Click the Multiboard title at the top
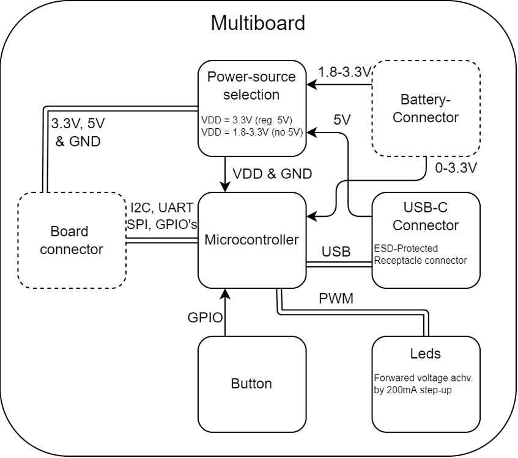[x=257, y=23]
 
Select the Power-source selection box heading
[x=251, y=85]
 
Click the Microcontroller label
[x=251, y=239]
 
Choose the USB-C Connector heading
[x=426, y=216]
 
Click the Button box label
[x=251, y=383]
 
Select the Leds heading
[x=426, y=354]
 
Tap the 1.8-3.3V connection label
[x=344, y=72]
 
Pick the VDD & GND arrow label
[x=272, y=173]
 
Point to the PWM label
[x=336, y=299]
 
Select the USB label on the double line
[x=336, y=251]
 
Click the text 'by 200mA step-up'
[x=412, y=390]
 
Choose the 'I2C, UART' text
[x=162, y=207]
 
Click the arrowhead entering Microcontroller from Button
[x=226, y=294]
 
